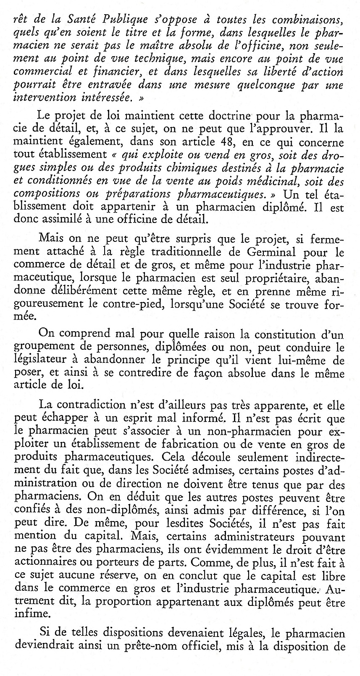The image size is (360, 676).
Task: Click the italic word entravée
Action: [107, 85]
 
